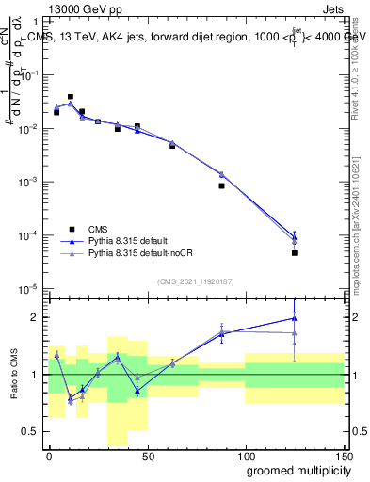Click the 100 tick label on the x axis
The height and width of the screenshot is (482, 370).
click(246, 455)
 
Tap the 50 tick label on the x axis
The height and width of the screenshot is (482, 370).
click(148, 455)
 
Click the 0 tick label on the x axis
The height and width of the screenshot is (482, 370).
click(49, 455)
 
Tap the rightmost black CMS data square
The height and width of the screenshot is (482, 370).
click(295, 252)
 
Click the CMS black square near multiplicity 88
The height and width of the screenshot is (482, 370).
click(221, 185)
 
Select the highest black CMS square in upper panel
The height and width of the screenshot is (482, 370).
click(71, 96)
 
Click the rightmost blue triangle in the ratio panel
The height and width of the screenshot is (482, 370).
click(295, 317)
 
